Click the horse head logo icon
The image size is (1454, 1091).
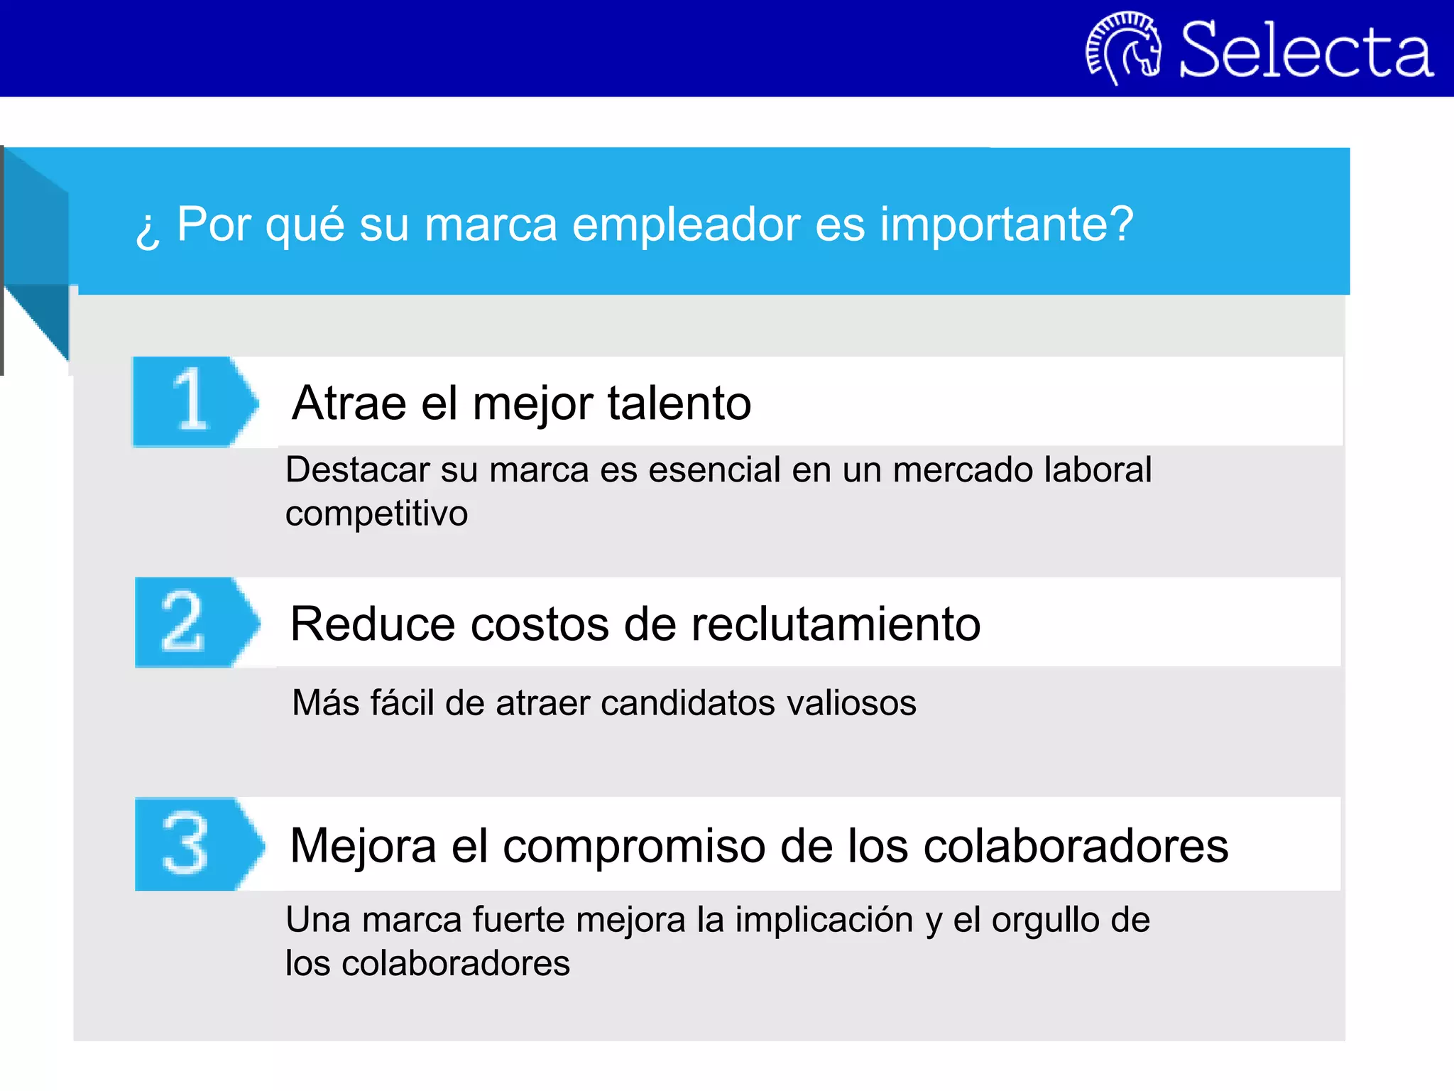click(1124, 48)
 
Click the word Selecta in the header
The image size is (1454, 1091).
click(1306, 50)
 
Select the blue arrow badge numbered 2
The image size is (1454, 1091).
click(195, 623)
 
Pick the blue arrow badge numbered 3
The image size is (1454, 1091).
click(197, 844)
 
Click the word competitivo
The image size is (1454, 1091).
click(376, 514)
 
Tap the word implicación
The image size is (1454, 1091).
click(824, 921)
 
